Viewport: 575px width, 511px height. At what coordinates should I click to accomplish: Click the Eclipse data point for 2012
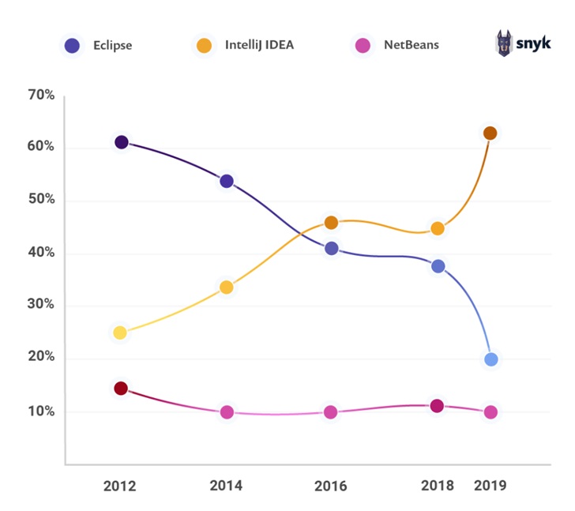point(121,142)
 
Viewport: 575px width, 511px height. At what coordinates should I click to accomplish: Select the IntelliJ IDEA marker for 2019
point(490,133)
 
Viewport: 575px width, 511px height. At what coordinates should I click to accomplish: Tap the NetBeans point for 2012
point(121,389)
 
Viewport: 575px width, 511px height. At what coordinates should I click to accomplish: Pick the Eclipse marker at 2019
point(490,359)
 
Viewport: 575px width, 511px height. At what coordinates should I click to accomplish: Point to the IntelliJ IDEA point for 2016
point(331,223)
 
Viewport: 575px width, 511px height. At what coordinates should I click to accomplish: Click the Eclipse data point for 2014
point(227,181)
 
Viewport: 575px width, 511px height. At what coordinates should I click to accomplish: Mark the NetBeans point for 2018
point(437,406)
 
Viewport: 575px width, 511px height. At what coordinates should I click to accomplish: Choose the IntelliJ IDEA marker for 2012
point(119,333)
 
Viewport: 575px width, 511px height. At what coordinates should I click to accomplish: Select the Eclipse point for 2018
point(438,266)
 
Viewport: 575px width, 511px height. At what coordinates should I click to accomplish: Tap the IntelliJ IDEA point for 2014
point(227,287)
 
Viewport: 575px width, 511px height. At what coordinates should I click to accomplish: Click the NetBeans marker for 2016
point(331,412)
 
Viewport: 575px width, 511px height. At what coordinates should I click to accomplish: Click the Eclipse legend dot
point(73,46)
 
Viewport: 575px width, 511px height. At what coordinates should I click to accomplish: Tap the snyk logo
point(522,44)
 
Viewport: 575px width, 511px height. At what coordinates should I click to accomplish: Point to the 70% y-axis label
point(40,96)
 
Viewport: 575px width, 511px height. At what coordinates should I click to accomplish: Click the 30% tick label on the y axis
point(40,306)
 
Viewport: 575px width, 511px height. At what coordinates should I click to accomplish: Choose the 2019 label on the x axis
point(490,485)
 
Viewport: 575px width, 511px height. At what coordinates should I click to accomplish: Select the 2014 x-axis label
point(226,485)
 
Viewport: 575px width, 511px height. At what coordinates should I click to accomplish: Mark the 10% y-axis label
point(40,411)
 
